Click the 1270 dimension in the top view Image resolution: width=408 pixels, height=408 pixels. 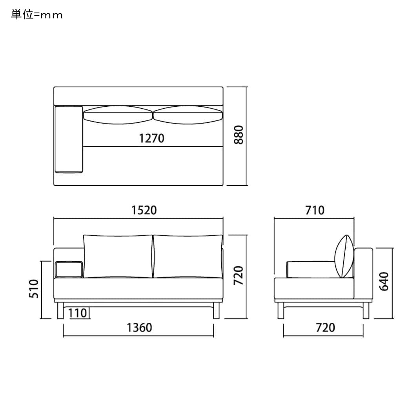(151, 138)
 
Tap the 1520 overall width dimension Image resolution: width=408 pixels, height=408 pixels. (144, 210)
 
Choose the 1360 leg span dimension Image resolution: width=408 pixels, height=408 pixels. (139, 327)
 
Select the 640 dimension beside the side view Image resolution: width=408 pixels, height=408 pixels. (384, 281)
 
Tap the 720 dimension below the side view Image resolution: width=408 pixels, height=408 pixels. (325, 327)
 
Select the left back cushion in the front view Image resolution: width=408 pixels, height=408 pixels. (118, 257)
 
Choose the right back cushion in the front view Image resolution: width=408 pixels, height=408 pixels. (188, 257)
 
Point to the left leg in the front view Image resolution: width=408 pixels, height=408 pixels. (60, 310)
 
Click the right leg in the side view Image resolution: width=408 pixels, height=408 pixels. (366, 310)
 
